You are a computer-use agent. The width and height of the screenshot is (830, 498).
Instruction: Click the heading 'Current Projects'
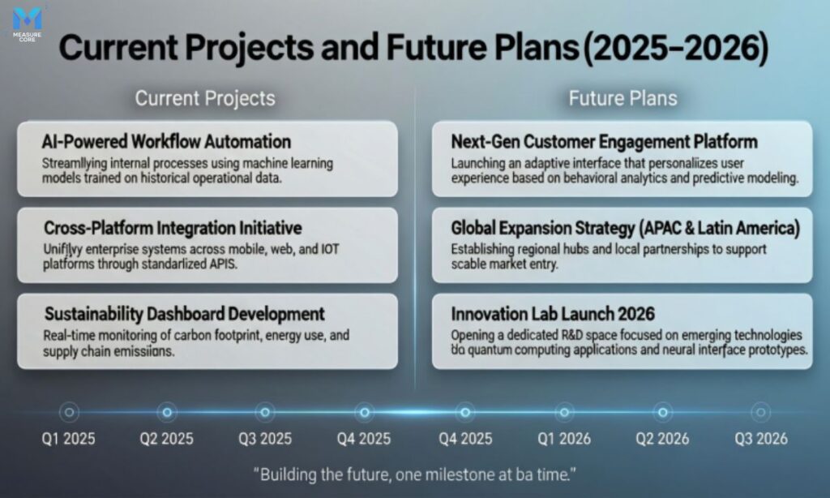(x=204, y=99)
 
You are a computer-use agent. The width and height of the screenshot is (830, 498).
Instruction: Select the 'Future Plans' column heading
(x=622, y=99)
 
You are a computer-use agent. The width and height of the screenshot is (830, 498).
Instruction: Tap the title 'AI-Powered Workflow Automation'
(x=166, y=142)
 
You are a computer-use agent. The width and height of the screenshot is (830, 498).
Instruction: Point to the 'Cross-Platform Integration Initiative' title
(x=173, y=228)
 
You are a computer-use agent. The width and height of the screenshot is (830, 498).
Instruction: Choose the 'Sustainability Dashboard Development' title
(x=184, y=314)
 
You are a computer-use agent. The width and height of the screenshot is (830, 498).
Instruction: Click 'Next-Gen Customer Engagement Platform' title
(x=604, y=142)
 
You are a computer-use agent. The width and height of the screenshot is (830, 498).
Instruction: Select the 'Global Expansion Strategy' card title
(x=625, y=229)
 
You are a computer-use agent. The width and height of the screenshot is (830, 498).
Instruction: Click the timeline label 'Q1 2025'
(x=69, y=440)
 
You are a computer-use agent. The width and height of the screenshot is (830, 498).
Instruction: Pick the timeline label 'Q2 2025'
(x=167, y=440)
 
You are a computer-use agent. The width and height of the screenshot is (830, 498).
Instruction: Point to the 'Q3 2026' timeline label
(x=760, y=440)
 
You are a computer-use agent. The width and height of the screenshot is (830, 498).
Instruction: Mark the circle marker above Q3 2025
(x=265, y=412)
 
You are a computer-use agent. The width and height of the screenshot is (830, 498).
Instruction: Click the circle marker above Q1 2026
(x=563, y=412)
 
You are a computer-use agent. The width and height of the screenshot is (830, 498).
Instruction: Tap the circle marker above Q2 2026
(x=662, y=412)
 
